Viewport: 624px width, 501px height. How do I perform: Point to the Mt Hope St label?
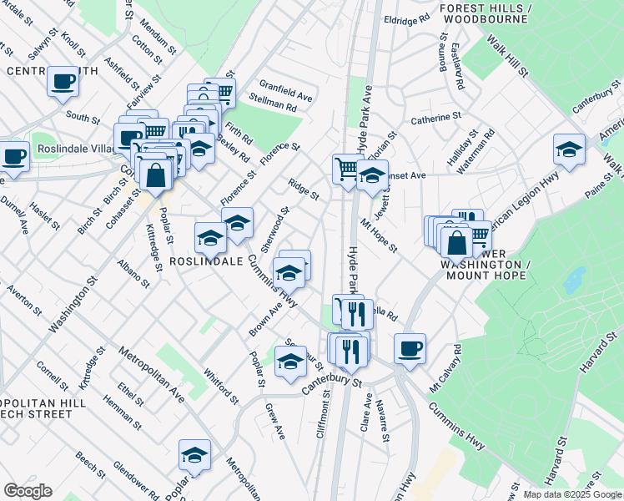pos(378,235)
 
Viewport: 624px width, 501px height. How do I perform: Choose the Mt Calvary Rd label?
pos(444,367)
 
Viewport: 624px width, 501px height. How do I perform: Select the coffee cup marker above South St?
pos(63,81)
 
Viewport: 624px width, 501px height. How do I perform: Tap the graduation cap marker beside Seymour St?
pos(290,361)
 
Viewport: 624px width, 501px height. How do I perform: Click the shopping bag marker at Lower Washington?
pos(456,243)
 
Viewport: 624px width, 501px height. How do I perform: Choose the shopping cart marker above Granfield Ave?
pos(220,92)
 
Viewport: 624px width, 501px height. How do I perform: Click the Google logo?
pos(27,491)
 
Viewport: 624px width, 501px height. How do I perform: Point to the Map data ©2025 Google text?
pos(572,494)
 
